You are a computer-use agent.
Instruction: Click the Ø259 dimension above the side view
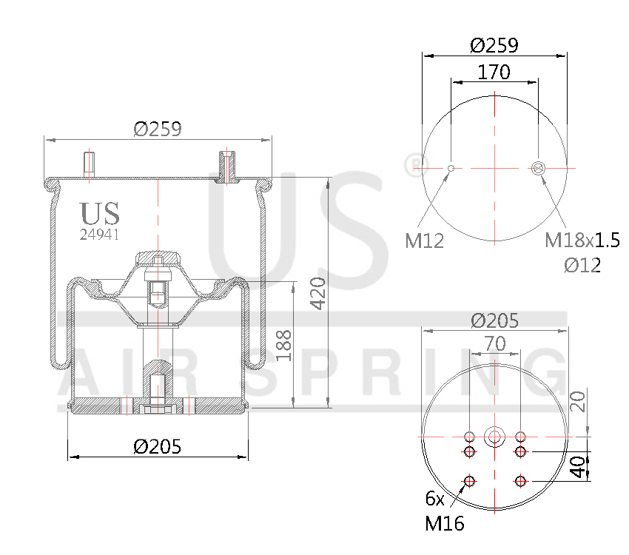click(x=157, y=129)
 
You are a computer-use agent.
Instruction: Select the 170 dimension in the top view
click(x=494, y=72)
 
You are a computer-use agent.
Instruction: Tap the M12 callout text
click(x=424, y=240)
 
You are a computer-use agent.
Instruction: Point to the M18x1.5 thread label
click(x=582, y=240)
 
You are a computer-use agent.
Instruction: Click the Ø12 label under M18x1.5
click(x=582, y=265)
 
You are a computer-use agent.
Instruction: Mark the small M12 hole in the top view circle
click(x=451, y=169)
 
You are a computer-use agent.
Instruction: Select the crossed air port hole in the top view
click(x=538, y=169)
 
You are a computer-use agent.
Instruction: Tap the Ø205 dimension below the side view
click(x=157, y=446)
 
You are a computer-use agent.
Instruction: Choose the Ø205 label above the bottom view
click(x=494, y=320)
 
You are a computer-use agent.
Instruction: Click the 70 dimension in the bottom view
click(x=494, y=343)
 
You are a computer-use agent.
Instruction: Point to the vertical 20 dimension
click(x=579, y=400)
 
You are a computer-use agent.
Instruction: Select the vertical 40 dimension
click(x=579, y=466)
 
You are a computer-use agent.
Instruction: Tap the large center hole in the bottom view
click(x=494, y=437)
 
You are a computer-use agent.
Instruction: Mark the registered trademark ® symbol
click(x=412, y=164)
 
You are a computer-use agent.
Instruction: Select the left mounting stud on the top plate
click(x=89, y=165)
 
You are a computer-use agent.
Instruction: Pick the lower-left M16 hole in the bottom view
click(x=469, y=482)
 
